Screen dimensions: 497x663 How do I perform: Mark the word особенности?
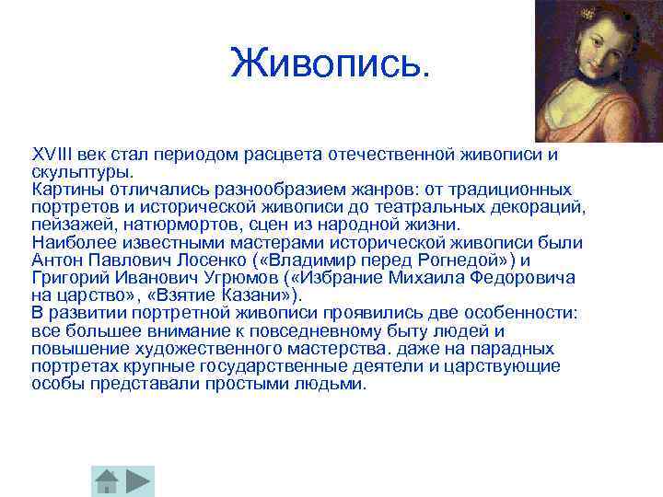point(525,313)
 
